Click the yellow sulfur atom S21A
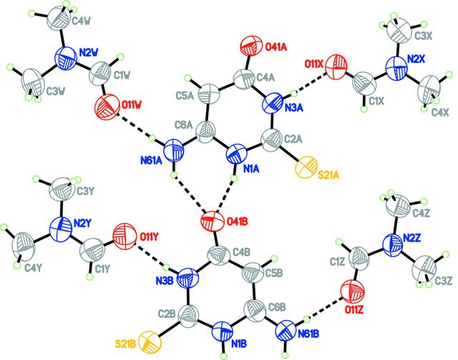[x=306, y=167]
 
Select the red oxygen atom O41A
[x=251, y=45]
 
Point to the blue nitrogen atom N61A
[x=174, y=150]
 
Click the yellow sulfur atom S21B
[x=150, y=341]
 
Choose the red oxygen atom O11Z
[x=353, y=292]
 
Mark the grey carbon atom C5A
[x=209, y=94]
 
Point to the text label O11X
[x=313, y=64]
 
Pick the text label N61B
[x=308, y=334]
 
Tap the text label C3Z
[x=444, y=281]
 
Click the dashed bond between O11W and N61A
[x=134, y=126]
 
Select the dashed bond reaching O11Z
[x=325, y=308]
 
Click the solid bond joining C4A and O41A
[x=248, y=63]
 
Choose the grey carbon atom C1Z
[x=359, y=258]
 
